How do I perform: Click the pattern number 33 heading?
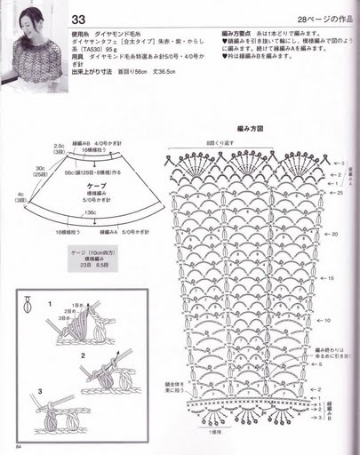coord(78,19)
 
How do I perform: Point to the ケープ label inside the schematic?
coord(97,185)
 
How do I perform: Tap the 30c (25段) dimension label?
coord(41,170)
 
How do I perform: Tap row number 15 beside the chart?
coord(331,278)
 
